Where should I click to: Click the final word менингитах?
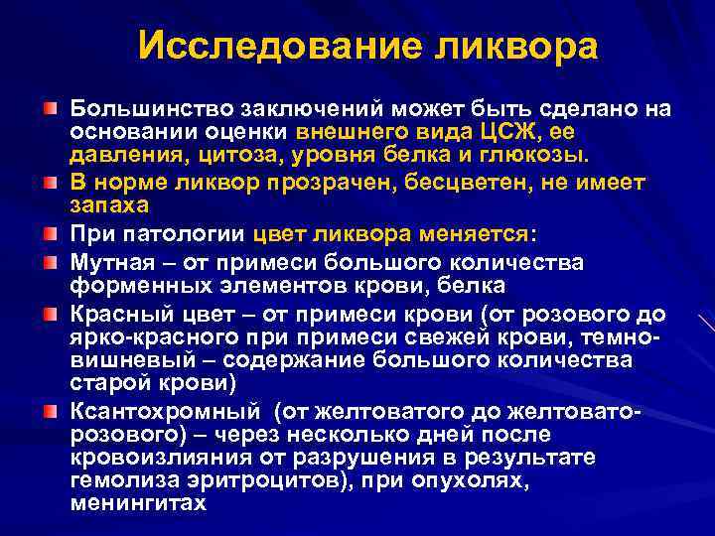coord(137,503)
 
